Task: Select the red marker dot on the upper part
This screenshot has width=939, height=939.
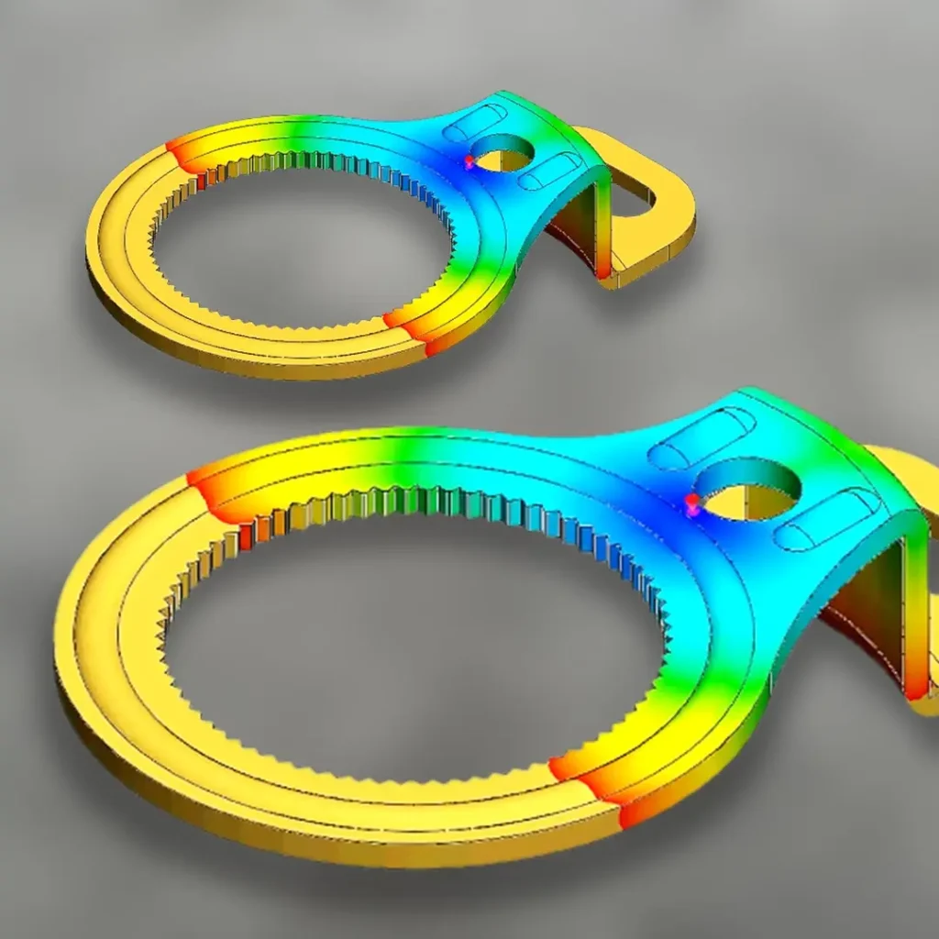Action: [469, 161]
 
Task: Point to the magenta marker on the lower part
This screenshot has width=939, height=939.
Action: [692, 503]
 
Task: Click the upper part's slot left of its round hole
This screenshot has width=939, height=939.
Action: [474, 123]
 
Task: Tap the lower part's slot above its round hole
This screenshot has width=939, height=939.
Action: [701, 437]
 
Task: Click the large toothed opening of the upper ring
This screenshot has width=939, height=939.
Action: [303, 243]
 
